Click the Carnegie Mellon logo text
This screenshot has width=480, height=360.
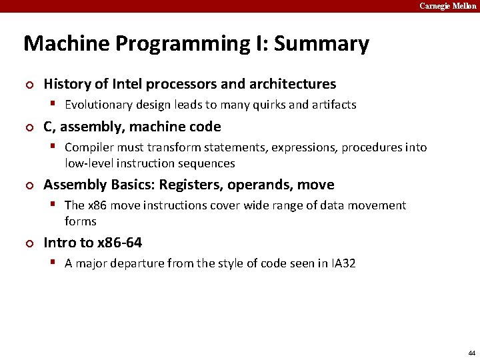point(447,6)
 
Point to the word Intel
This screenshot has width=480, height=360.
point(127,84)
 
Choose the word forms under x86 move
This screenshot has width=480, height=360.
point(81,221)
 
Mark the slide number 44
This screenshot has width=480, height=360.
point(472,353)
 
